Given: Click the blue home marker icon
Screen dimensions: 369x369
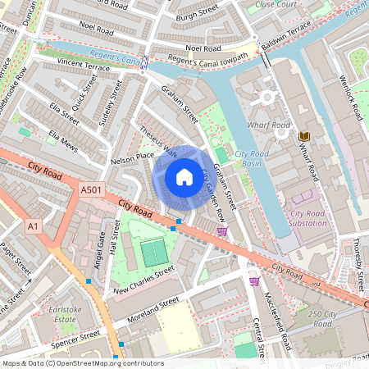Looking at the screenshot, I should click(x=184, y=176).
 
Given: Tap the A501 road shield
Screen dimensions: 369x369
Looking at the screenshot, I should click(x=91, y=190).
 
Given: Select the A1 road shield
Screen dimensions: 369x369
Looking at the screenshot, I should click(x=34, y=225).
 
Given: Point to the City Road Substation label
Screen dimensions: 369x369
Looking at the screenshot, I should click(x=307, y=219).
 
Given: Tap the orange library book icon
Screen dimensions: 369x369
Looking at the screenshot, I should click(x=305, y=135).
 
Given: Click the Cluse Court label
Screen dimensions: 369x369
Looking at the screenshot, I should click(x=276, y=4).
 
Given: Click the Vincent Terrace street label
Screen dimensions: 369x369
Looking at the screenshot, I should click(x=84, y=65).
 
